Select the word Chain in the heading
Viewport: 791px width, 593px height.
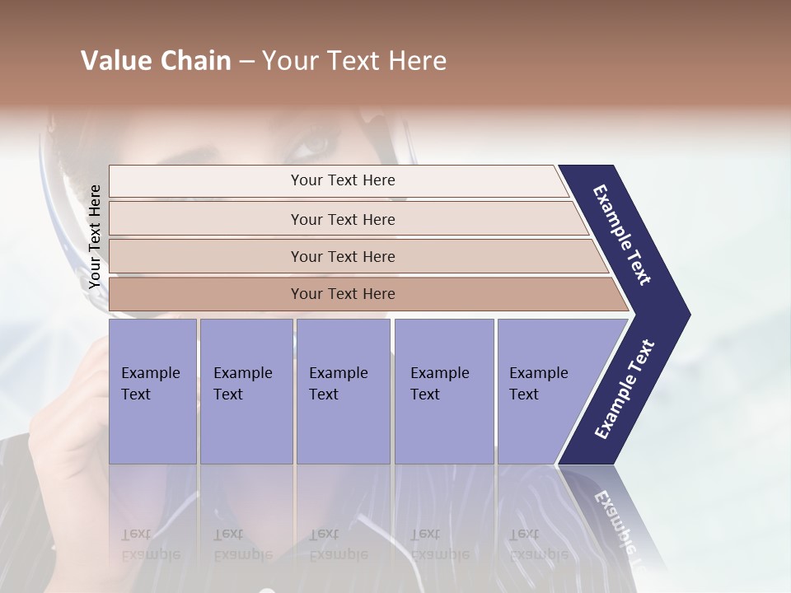(x=197, y=61)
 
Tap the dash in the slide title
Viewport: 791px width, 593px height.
(x=246, y=62)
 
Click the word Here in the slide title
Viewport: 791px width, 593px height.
(x=417, y=61)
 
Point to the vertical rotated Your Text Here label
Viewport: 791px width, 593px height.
(x=95, y=236)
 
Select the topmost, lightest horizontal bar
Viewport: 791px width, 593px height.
(x=338, y=180)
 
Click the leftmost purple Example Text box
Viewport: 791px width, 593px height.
(x=152, y=391)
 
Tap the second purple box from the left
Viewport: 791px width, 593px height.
(x=246, y=391)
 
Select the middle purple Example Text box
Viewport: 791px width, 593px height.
(x=343, y=391)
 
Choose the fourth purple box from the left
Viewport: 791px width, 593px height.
(x=444, y=391)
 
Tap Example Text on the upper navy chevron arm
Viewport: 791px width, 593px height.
(x=622, y=235)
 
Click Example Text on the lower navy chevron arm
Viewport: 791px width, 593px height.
(x=625, y=390)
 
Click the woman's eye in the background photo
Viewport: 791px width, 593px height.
(x=314, y=143)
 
